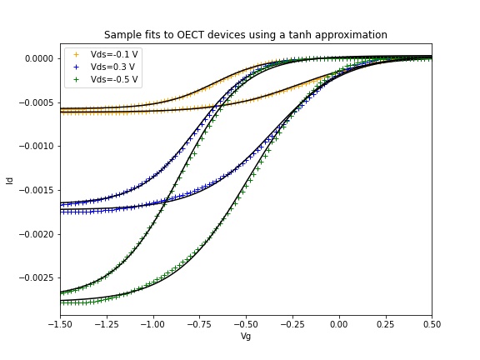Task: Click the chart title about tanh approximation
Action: pyautogui.click(x=245, y=35)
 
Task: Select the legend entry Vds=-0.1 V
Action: pyautogui.click(x=114, y=54)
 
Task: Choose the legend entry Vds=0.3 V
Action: pyautogui.click(x=113, y=67)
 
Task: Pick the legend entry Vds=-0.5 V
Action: pyautogui.click(x=114, y=80)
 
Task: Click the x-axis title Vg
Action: pyautogui.click(x=245, y=337)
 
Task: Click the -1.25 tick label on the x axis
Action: pyautogui.click(x=105, y=323)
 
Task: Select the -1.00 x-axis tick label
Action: pyautogui.click(x=152, y=323)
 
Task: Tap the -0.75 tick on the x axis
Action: pyautogui.click(x=198, y=323)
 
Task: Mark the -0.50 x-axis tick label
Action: pyautogui.click(x=245, y=323)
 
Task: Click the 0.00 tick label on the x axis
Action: pyautogui.click(x=338, y=323)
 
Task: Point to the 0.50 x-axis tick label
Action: pyautogui.click(x=432, y=323)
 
